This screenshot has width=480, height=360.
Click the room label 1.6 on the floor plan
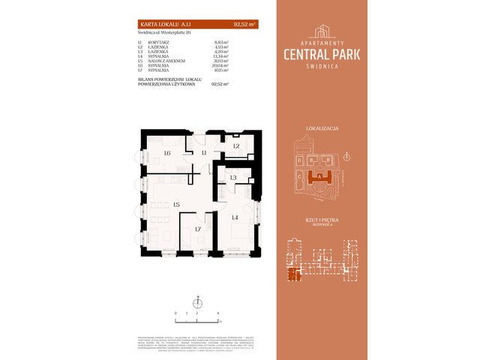coord(166,154)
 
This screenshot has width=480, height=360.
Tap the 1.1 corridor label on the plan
coord(204,152)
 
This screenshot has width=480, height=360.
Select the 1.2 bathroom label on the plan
coord(235,146)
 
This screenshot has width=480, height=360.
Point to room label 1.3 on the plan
coord(233,178)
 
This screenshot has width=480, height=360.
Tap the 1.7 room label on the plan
coord(198,229)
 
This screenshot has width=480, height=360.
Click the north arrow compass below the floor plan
coord(197,303)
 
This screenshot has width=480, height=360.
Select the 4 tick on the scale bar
coord(217,310)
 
